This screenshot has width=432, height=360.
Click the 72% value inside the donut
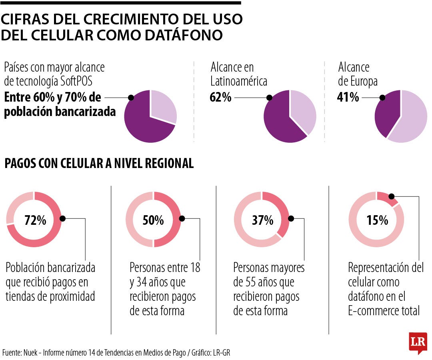pyautogui.click(x=35, y=220)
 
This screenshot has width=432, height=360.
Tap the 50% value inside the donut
pyautogui.click(x=153, y=220)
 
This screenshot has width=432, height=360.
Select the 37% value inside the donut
pyautogui.click(x=262, y=220)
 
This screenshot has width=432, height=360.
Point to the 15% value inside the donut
pyautogui.click(x=377, y=220)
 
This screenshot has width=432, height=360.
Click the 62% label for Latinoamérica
pyautogui.click(x=220, y=97)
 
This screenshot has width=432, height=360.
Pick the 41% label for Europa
pyautogui.click(x=348, y=97)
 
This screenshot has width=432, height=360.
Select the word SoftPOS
pyautogui.click(x=76, y=81)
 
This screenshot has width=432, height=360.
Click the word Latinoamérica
pyautogui.click(x=239, y=81)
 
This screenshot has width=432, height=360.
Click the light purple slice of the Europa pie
pyautogui.click(x=412, y=120)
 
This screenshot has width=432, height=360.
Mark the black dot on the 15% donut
pyautogui.click(x=391, y=196)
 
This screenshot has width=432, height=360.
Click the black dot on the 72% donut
pyautogui.click(x=62, y=218)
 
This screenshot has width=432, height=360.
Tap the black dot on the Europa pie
pyautogui.click(x=382, y=98)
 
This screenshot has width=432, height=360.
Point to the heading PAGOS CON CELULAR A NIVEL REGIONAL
pyautogui.click(x=99, y=164)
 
